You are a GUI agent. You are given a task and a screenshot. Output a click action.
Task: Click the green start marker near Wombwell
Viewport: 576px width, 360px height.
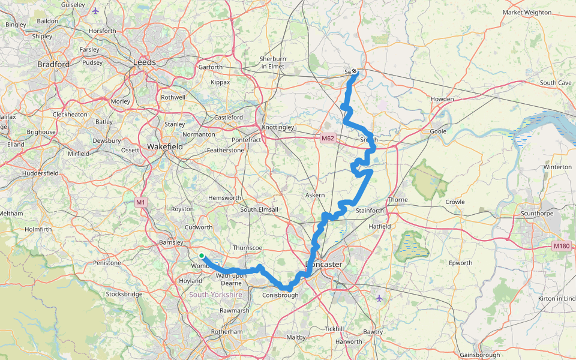(202, 256)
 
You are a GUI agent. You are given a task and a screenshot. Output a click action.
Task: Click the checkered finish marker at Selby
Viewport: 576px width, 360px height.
(355, 71)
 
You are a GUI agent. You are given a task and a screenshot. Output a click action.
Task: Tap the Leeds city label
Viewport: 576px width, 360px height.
(145, 62)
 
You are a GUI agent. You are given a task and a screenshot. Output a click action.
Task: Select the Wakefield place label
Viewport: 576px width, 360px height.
(166, 146)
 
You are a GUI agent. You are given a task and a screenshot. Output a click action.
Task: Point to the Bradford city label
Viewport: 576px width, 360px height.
(53, 64)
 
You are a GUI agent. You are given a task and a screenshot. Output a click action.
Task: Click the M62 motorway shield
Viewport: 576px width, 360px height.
(327, 138)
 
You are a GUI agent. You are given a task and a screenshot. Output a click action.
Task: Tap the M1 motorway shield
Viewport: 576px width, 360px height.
(141, 202)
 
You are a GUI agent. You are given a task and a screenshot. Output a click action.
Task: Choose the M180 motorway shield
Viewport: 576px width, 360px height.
(562, 246)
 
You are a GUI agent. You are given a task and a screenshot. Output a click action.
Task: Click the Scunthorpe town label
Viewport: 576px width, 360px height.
(538, 212)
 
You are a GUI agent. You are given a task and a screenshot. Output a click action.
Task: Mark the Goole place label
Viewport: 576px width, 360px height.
(439, 131)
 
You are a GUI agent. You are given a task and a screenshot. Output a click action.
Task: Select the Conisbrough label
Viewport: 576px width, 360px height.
(280, 295)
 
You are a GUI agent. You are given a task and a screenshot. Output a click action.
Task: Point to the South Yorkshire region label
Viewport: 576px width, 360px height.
(215, 295)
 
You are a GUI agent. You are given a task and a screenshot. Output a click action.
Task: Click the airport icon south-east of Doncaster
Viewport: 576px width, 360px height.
(379, 298)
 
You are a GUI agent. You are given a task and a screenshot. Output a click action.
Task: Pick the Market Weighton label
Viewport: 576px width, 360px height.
(527, 12)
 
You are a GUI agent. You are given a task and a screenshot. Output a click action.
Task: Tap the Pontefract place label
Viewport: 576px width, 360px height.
(247, 140)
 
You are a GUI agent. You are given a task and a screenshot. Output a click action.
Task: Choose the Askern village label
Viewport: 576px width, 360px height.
(314, 195)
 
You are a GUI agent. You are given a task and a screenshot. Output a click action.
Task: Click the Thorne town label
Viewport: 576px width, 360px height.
(397, 199)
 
